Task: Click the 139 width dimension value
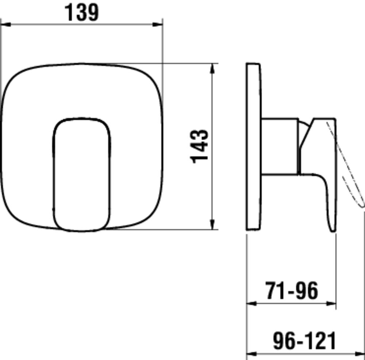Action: point(82,13)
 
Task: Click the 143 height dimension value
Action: point(200,146)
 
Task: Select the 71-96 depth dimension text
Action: point(292,291)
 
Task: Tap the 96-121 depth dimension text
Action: point(304,341)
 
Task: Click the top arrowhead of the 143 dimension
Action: point(212,68)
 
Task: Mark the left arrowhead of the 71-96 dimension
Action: point(251,303)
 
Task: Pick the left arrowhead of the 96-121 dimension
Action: point(251,353)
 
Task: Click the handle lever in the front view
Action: point(82,174)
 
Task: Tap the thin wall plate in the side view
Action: point(253,146)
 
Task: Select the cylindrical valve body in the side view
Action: point(280,146)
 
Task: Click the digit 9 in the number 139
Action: point(92,13)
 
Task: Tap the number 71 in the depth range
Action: point(274,291)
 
